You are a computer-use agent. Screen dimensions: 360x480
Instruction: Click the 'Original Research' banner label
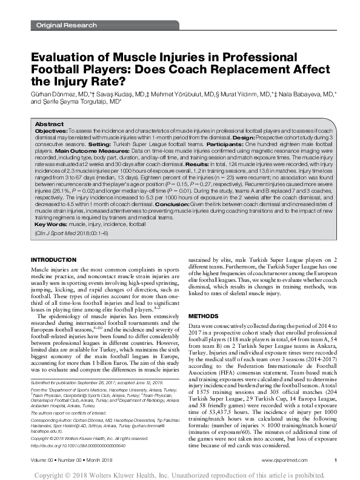[x=67, y=25]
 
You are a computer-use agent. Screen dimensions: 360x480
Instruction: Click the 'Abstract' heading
[x=49, y=124]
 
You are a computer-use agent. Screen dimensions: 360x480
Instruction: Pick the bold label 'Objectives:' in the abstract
[x=51, y=131]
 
